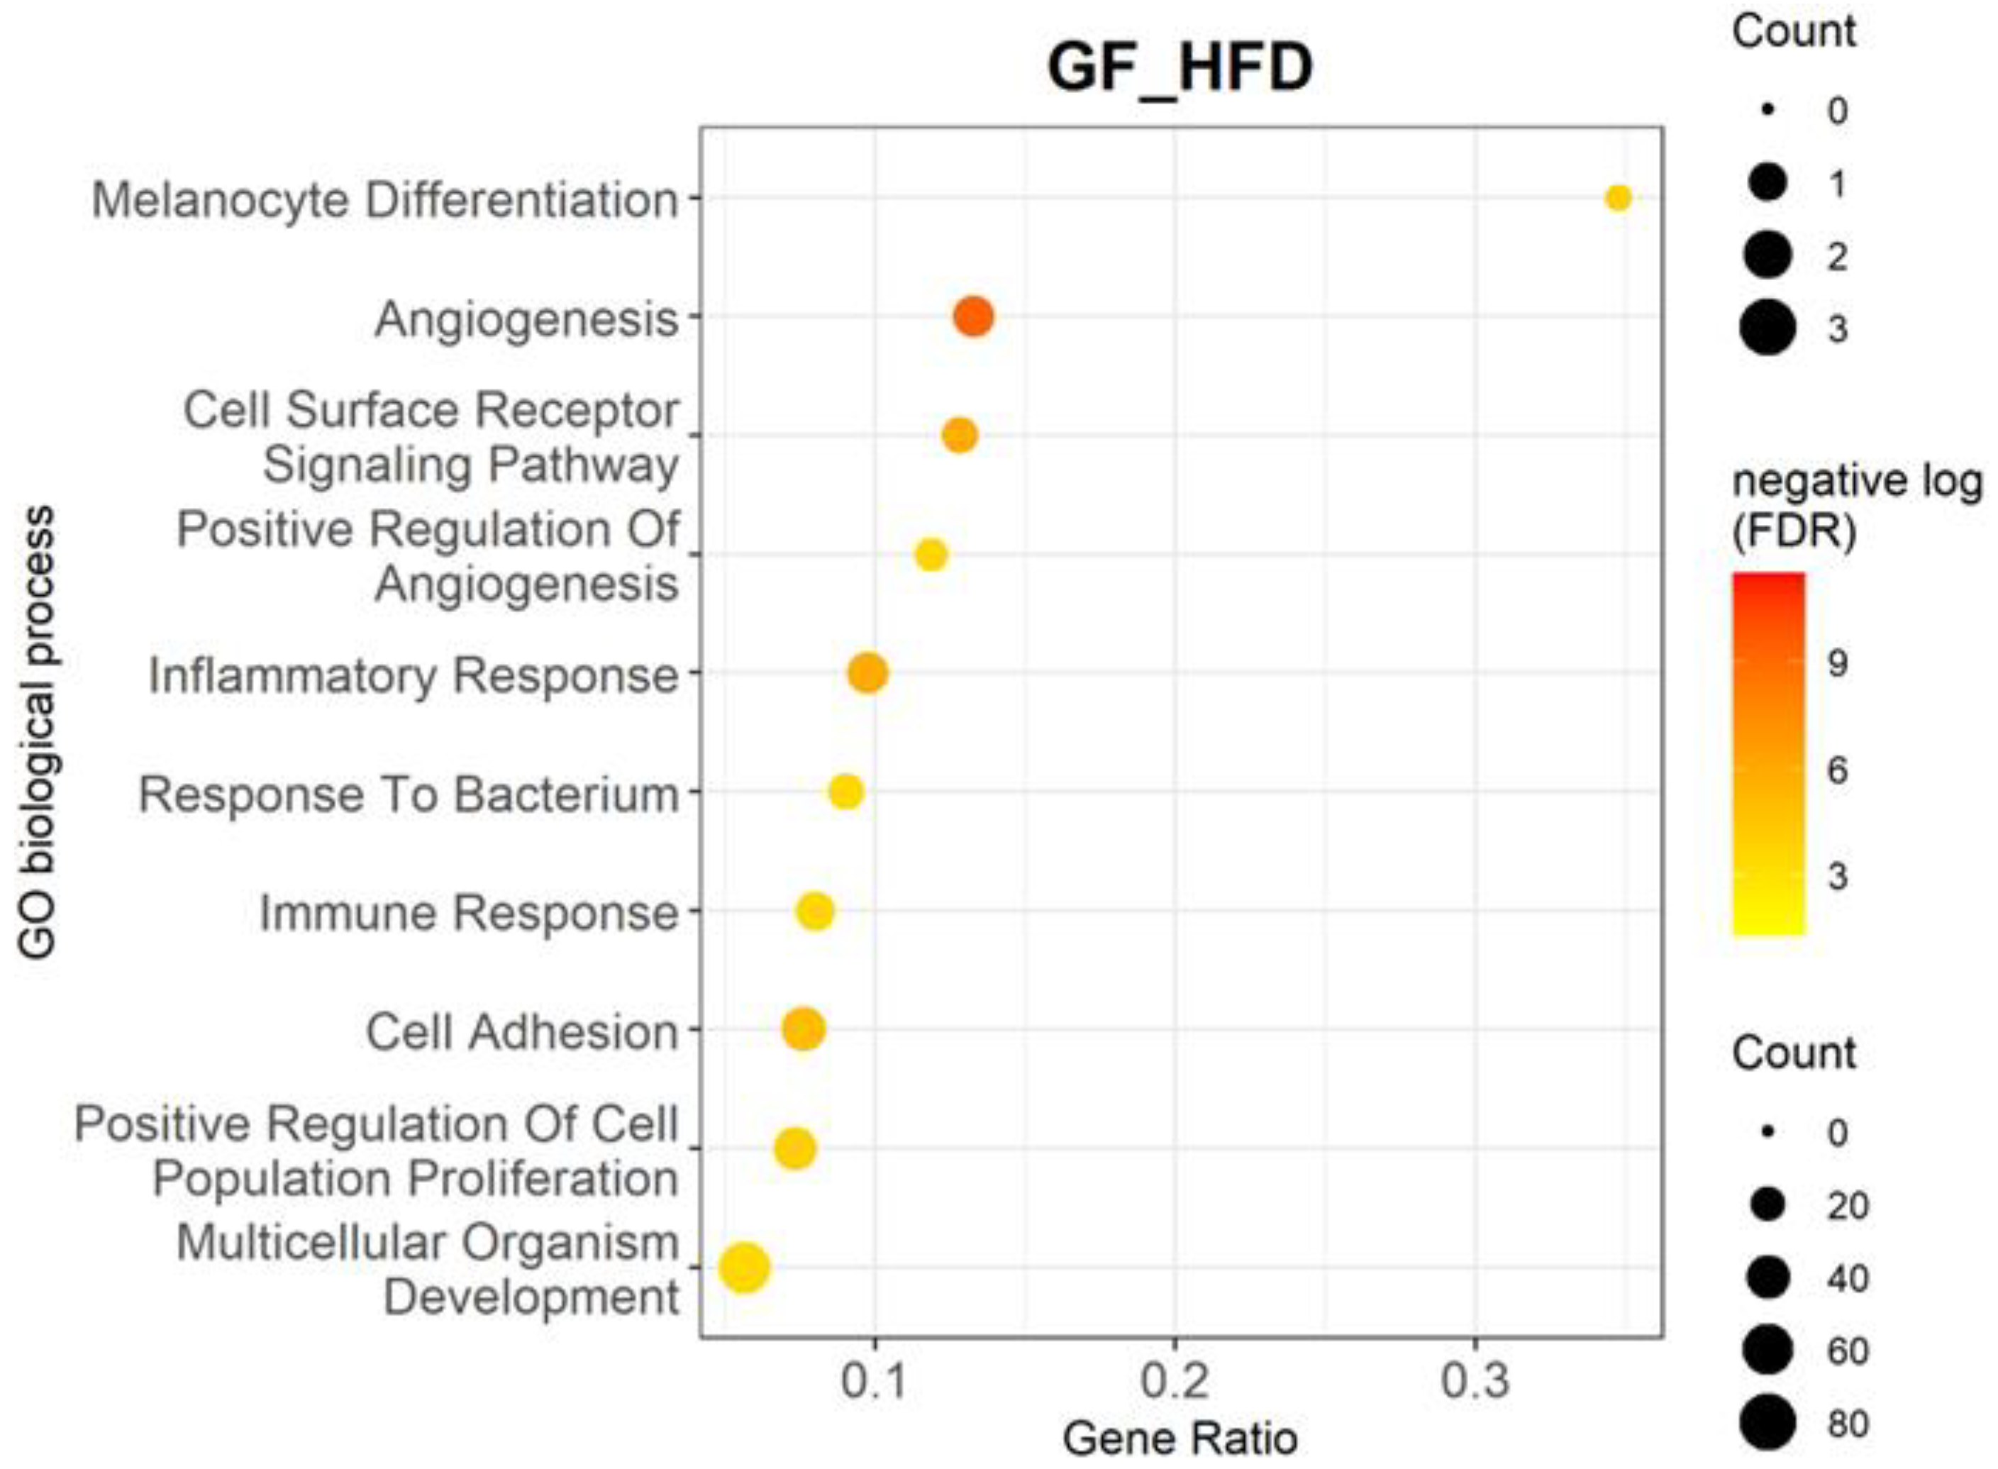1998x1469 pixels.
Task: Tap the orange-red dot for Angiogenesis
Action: pos(973,316)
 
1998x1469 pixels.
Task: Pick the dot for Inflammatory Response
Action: pos(868,672)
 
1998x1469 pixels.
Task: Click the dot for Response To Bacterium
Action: pos(845,790)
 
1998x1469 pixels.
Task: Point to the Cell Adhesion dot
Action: pos(803,1029)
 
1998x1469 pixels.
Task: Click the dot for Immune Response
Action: pos(816,911)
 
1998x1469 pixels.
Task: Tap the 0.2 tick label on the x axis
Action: pos(1175,1381)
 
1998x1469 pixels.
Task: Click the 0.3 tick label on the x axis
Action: pos(1475,1381)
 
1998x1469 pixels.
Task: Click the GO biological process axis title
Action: pos(38,733)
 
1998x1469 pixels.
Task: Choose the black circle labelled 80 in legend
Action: pos(1767,1422)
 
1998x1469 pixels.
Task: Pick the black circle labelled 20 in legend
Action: pos(1767,1205)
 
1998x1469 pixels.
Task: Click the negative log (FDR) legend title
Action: pos(1857,507)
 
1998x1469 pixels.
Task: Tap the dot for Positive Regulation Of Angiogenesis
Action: pos(930,555)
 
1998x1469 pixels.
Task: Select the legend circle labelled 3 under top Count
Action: pos(1767,328)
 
